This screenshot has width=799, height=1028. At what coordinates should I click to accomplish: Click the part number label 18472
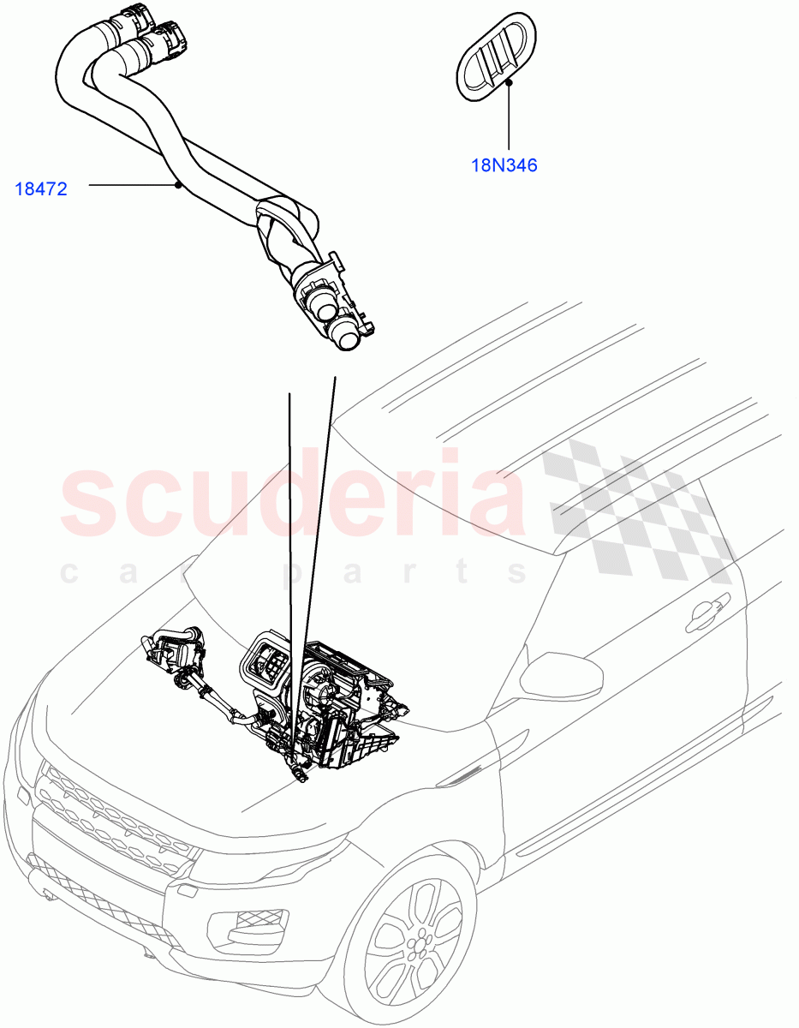40,188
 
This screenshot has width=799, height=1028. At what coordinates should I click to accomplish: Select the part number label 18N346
504,165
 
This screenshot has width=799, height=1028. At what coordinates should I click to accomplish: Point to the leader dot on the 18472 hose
177,184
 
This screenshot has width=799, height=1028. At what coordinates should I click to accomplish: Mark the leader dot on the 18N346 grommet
509,82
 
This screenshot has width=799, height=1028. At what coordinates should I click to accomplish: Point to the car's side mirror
561,677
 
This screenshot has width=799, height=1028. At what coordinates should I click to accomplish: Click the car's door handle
702,611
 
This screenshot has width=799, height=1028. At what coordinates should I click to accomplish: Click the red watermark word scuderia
291,501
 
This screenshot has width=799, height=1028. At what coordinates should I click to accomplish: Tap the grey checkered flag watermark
634,505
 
